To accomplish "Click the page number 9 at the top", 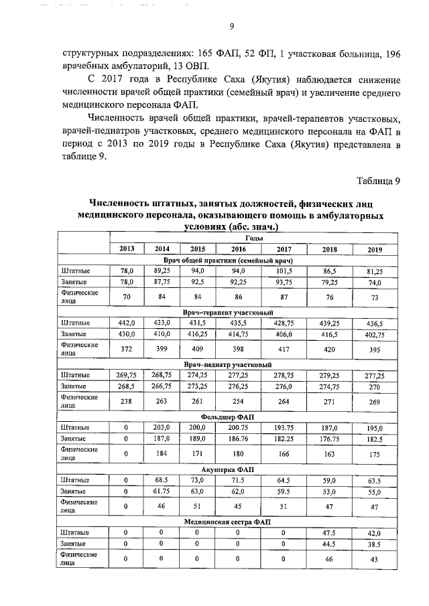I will coord(231,27).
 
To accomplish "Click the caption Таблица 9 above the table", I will coord(378,180).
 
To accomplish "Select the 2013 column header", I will coord(127,249).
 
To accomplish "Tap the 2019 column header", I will coord(375,250).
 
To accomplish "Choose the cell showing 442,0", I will coord(127,323).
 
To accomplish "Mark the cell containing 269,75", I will coord(127,375).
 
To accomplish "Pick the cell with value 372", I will coord(127,348).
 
